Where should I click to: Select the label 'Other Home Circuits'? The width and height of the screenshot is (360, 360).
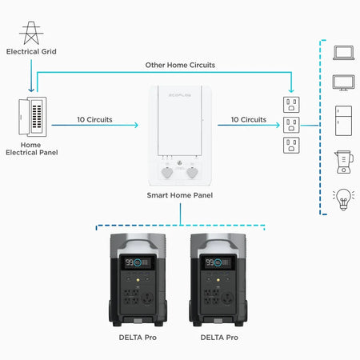pos(179,64)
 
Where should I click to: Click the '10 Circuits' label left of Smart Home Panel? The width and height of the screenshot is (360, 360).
pos(94,119)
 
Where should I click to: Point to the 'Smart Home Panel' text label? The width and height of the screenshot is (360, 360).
pos(180,195)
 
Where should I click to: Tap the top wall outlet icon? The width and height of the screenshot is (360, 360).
pos(291,104)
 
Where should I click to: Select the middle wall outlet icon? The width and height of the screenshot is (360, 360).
pos(291,125)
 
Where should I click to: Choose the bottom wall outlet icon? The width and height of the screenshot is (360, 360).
pos(291,146)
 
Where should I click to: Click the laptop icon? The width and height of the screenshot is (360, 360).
pos(343,53)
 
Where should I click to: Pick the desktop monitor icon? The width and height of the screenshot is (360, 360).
pos(343,82)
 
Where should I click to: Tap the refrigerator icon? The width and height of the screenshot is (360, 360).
pos(343,118)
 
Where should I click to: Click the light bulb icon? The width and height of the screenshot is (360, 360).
pos(343,198)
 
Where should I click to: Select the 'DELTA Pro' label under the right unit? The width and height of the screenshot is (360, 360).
pos(219,338)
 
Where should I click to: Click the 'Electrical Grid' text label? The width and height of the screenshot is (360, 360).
pos(31,52)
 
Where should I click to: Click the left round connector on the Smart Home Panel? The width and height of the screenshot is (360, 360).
pos(167,172)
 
